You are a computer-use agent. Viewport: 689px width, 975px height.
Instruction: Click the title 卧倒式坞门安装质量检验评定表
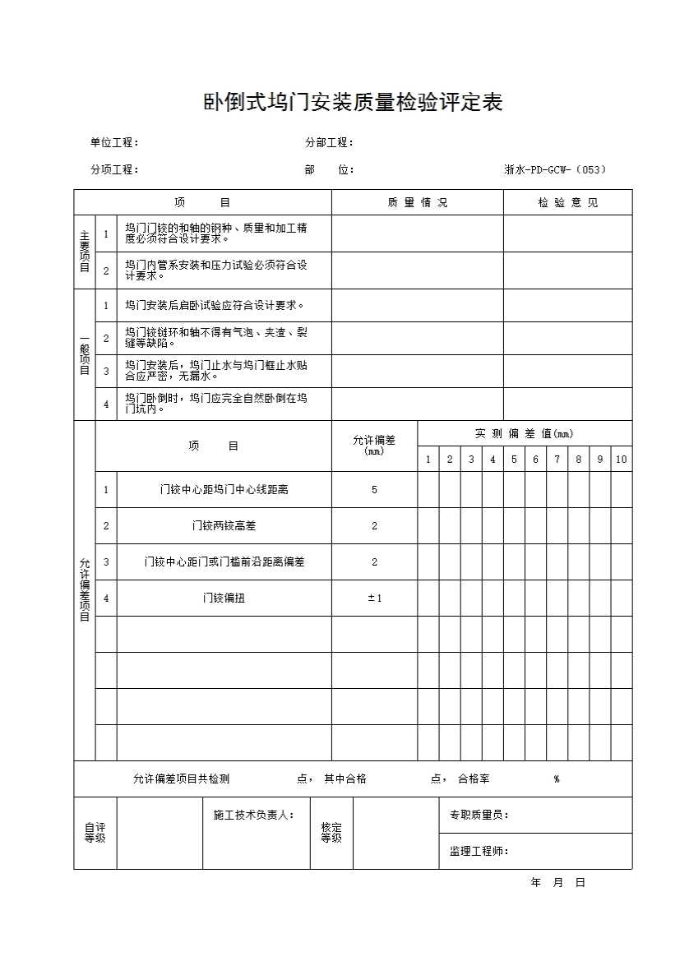[353, 103]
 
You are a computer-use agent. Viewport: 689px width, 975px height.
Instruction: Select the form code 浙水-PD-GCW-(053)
[555, 170]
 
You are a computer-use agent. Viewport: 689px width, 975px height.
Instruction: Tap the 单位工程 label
[114, 142]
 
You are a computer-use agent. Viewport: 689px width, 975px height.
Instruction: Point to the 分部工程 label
[329, 142]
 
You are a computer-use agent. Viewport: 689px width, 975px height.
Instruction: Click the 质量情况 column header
[417, 202]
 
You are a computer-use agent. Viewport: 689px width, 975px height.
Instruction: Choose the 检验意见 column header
[567, 202]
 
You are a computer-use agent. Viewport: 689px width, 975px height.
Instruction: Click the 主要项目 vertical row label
[85, 252]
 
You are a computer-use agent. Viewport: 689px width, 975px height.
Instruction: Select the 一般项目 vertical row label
[85, 354]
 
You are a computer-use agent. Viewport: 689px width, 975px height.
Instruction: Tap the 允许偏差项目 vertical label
[85, 589]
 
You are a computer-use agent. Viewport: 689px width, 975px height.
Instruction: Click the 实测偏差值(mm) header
[524, 433]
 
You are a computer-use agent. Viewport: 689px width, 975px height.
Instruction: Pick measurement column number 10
[621, 460]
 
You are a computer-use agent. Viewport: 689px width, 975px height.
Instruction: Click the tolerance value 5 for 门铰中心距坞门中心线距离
[374, 490]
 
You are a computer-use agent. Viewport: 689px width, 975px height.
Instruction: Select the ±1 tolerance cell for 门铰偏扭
[374, 598]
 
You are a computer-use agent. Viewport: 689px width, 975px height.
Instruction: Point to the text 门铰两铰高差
[224, 526]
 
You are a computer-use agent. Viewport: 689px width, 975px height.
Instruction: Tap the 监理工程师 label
[479, 852]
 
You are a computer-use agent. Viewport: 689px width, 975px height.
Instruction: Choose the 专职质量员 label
[479, 815]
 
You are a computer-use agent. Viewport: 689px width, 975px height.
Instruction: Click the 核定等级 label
[331, 833]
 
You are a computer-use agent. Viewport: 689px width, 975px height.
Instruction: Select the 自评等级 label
[95, 833]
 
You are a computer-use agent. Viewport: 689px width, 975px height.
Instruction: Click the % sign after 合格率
[557, 779]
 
